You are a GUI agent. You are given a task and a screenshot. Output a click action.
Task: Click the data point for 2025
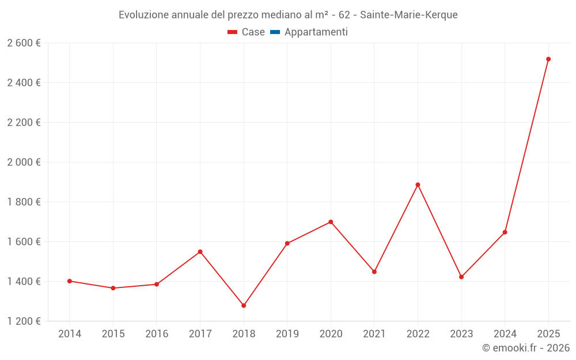[548, 59]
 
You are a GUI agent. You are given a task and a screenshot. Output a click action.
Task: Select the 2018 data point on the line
[244, 305]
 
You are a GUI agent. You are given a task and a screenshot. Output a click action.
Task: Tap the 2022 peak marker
[418, 185]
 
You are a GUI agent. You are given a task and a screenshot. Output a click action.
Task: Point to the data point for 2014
[70, 281]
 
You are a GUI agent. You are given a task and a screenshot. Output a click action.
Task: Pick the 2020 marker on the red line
[331, 222]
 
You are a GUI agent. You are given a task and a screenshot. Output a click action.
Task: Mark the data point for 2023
[461, 277]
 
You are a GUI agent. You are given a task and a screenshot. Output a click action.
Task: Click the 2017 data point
[200, 252]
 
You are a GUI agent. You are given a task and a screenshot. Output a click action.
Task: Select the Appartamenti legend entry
[316, 32]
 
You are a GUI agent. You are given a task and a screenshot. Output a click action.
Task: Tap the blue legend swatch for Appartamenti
[275, 32]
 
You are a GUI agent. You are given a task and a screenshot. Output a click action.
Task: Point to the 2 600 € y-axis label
[24, 43]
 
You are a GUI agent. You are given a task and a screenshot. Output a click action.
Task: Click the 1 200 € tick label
[24, 321]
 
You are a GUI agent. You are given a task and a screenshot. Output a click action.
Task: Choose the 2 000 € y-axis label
[24, 162]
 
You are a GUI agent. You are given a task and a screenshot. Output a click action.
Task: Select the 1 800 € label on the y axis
[24, 202]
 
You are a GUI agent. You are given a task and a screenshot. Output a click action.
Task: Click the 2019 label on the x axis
[287, 334]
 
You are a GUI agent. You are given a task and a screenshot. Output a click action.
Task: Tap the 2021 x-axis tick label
[374, 334]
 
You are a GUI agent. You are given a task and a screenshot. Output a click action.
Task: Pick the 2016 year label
[157, 334]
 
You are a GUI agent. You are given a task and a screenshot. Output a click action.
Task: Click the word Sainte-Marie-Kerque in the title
[409, 15]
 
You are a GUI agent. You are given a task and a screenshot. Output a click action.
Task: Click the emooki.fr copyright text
[526, 348]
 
